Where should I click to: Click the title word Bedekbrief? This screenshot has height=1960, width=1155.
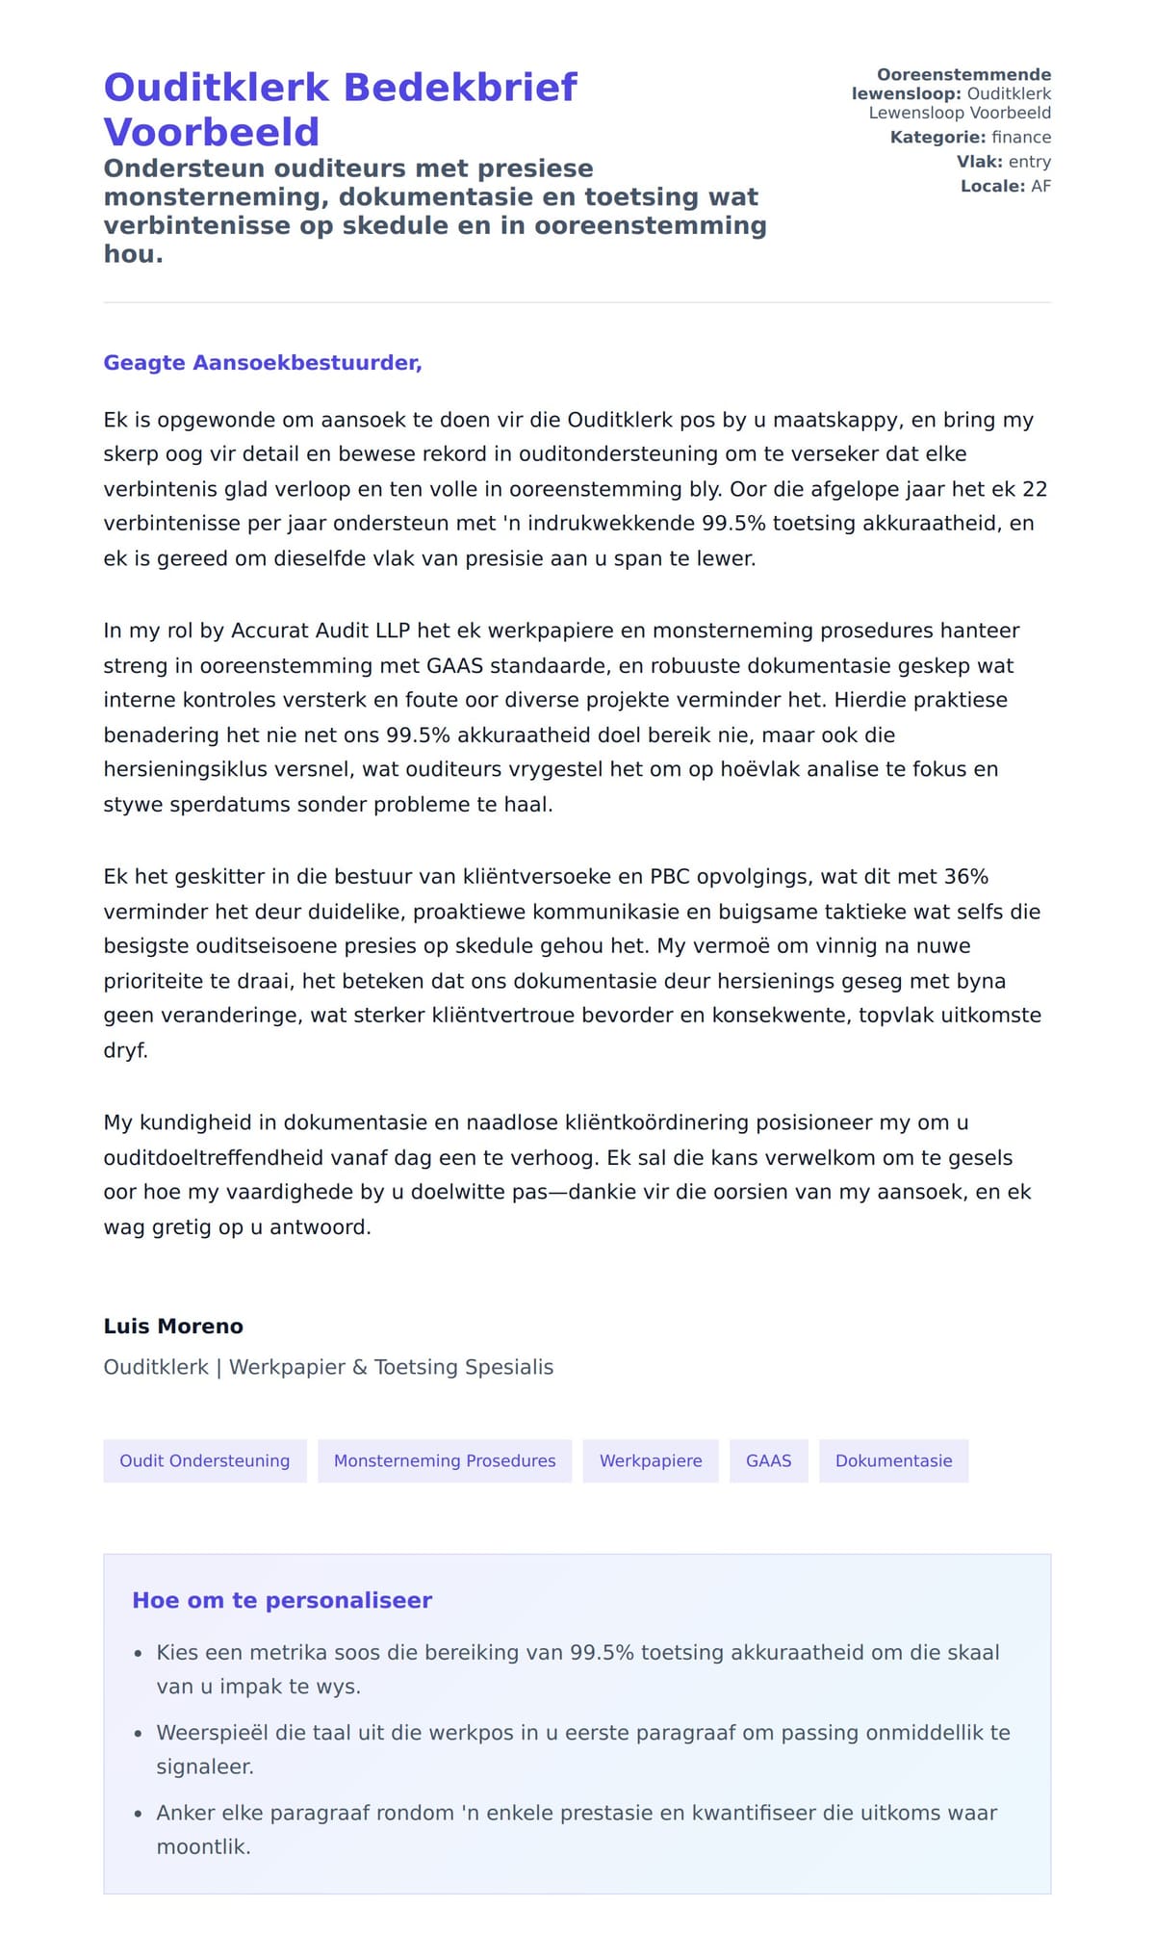(x=460, y=88)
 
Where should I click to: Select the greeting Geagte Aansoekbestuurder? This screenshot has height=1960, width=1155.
(x=263, y=363)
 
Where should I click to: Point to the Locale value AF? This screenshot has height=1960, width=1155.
(x=1040, y=186)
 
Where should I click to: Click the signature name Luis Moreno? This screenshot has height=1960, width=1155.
(x=173, y=1327)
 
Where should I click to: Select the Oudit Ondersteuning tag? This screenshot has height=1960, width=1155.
(x=204, y=1460)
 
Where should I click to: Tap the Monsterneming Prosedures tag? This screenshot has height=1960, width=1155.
(x=445, y=1460)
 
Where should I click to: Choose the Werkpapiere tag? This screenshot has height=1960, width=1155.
(x=651, y=1460)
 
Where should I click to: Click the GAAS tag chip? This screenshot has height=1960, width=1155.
(x=768, y=1460)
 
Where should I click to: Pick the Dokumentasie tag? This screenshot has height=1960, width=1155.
(x=893, y=1460)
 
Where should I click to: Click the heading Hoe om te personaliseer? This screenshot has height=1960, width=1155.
(x=282, y=1600)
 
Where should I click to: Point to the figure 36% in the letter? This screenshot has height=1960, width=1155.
(x=965, y=877)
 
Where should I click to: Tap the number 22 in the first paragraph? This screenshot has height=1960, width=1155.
(x=1034, y=489)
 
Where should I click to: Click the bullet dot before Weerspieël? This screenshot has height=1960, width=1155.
(x=138, y=1734)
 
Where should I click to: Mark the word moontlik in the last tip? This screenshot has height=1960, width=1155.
(x=203, y=1847)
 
